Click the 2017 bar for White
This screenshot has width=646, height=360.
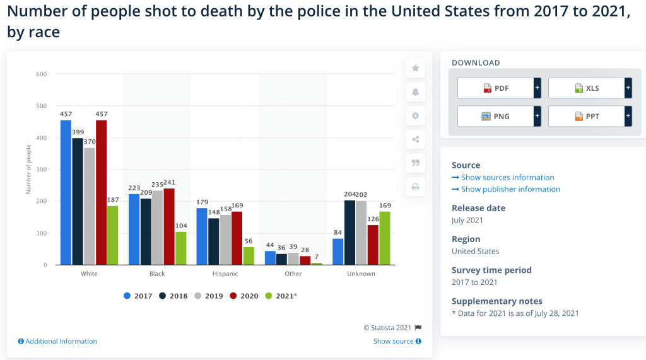(66, 192)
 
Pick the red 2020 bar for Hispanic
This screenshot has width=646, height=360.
(237, 238)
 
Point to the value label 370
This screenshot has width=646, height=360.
(89, 142)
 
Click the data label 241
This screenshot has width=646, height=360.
(169, 183)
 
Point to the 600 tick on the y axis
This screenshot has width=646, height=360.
(42, 74)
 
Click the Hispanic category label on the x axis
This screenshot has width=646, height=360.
(225, 274)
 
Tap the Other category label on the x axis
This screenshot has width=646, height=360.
(293, 274)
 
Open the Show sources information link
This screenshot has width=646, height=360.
(507, 177)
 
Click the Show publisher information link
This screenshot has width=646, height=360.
(510, 189)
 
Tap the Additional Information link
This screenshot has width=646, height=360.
(61, 341)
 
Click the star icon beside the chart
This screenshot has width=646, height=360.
(415, 68)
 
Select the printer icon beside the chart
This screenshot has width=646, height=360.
(415, 187)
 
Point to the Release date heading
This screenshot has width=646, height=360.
(478, 208)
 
